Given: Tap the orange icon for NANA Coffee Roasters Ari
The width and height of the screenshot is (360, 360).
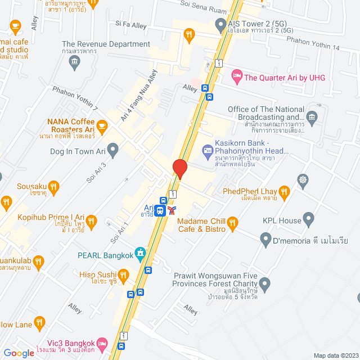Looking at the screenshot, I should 102,126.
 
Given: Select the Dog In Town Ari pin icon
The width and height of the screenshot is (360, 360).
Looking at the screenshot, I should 113,151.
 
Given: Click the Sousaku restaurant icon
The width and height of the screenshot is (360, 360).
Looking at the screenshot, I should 53,186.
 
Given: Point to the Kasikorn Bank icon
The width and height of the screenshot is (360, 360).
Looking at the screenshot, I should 207,150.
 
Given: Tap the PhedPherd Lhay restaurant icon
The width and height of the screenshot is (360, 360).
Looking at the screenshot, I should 284,192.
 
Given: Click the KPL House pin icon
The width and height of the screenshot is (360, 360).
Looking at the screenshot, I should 308,218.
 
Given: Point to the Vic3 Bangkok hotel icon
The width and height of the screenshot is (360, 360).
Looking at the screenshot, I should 102,343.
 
